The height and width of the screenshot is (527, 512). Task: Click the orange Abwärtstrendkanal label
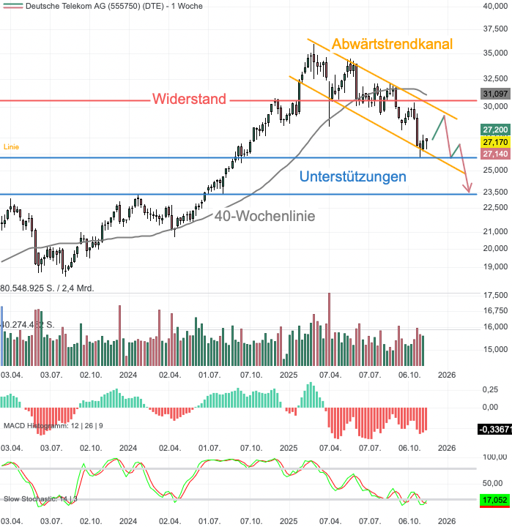pos(392,44)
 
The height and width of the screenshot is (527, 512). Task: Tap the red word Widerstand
pos(189,100)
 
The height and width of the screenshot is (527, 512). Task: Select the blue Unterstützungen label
pos(352,176)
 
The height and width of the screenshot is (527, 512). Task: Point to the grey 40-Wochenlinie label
pos(264,216)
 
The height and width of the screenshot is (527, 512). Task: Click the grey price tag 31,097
pos(495,94)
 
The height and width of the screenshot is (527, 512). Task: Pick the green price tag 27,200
pos(495,128)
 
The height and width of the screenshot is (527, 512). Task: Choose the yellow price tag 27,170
pos(495,141)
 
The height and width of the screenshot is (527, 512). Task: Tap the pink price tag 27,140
pos(495,153)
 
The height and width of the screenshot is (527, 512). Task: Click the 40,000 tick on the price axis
pos(495,7)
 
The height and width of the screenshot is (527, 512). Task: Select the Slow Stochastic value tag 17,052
pos(495,501)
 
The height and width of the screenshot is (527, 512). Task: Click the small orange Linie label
pos(11,147)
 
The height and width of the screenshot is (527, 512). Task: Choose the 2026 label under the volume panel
pos(447,374)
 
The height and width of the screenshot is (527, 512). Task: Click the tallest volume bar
pos(329,329)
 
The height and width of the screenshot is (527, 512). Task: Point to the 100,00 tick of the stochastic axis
pos(495,457)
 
